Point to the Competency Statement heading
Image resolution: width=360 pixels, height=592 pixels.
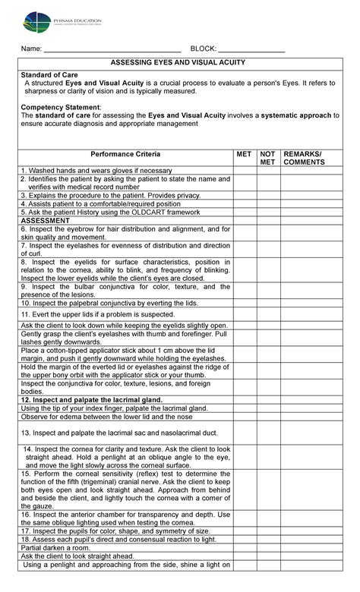coord(60,107)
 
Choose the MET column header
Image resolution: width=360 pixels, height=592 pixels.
coord(244,153)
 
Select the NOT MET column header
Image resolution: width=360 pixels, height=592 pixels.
coord(267,157)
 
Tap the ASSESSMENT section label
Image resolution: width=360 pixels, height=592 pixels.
coord(49,220)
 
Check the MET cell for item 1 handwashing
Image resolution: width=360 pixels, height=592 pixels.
coord(244,171)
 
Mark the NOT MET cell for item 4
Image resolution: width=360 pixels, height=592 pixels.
coord(267,204)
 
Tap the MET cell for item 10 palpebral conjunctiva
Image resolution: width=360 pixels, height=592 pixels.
coord(244,302)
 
